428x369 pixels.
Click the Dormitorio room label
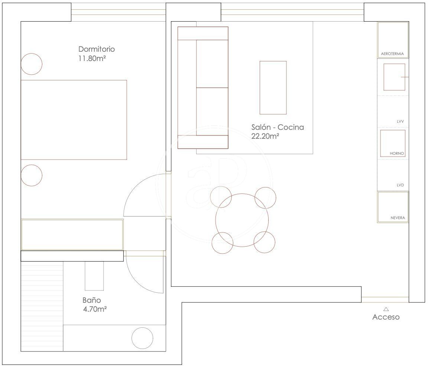(x=96, y=49)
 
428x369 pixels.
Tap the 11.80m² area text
(x=92, y=58)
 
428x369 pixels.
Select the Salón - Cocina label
(x=278, y=127)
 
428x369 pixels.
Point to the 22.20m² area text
(x=265, y=136)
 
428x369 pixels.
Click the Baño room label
(x=92, y=300)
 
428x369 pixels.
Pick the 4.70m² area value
(x=95, y=309)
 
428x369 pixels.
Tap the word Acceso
(x=386, y=317)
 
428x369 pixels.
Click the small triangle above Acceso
(x=386, y=309)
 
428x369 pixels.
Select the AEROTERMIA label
(x=392, y=54)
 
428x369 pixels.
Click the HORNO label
(x=397, y=154)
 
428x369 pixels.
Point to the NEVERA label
(x=398, y=218)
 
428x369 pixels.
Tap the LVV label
(x=400, y=121)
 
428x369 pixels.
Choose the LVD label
(x=400, y=185)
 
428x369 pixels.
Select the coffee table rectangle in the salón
(x=273, y=61)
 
